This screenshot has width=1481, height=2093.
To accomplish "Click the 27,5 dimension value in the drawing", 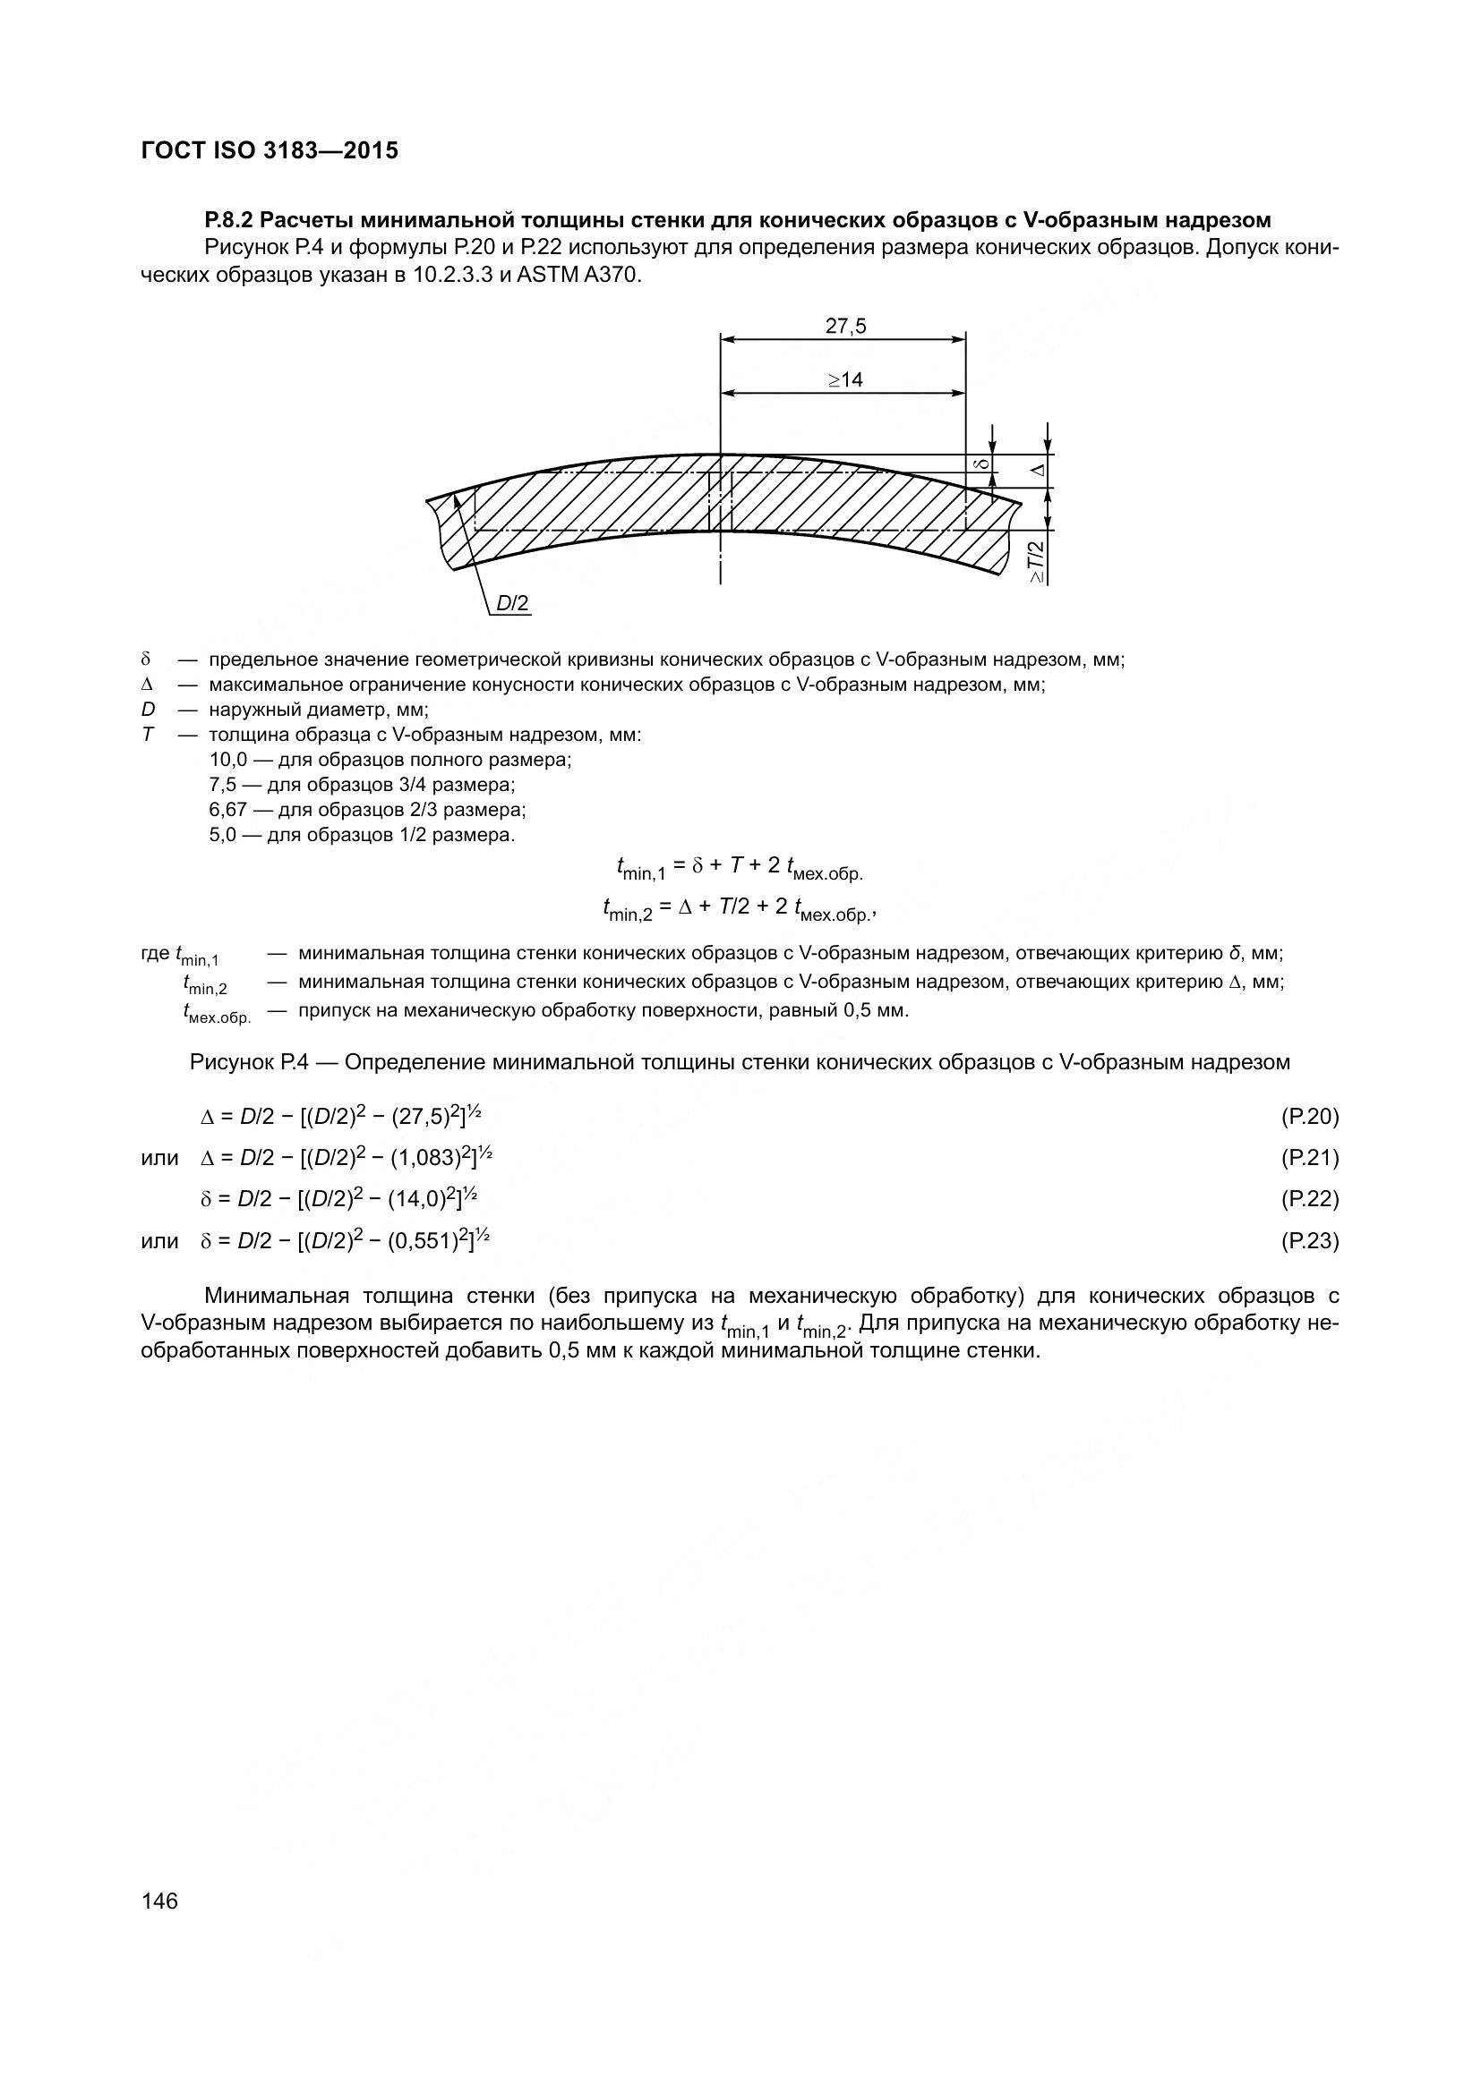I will pyautogui.click(x=845, y=327).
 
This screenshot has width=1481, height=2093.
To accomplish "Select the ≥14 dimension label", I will pyautogui.click(x=845, y=380).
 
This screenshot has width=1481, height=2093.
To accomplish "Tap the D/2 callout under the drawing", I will pyautogui.click(x=512, y=603).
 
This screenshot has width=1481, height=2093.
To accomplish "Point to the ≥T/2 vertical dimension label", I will pyautogui.click(x=1037, y=562).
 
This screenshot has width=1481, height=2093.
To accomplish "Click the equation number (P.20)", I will pyautogui.click(x=1310, y=1117).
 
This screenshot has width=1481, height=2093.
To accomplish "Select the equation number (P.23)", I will pyautogui.click(x=1310, y=1240).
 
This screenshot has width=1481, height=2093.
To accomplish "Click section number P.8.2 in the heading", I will pyautogui.click(x=231, y=220).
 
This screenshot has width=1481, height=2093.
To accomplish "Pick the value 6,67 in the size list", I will pyautogui.click(x=227, y=810).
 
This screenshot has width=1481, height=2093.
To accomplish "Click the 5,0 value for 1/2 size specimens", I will pyautogui.click(x=223, y=834).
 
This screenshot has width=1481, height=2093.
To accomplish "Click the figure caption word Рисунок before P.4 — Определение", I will pyautogui.click(x=232, y=1062).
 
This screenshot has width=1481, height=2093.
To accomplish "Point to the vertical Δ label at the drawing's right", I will pyautogui.click(x=1038, y=471).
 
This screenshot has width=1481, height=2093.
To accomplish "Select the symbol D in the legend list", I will pyautogui.click(x=148, y=710).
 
